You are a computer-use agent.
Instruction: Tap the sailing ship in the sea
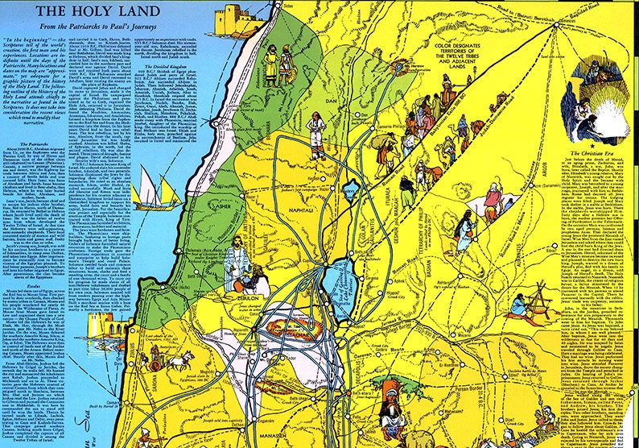158,192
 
